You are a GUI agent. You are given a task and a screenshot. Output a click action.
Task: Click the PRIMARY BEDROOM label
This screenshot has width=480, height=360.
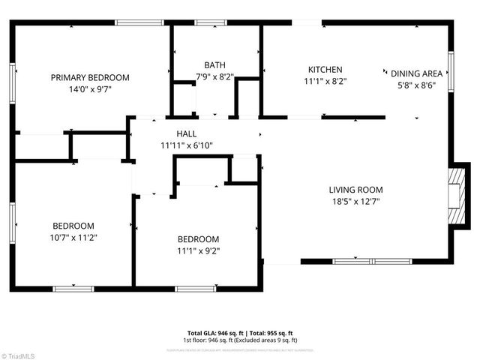point(90,77)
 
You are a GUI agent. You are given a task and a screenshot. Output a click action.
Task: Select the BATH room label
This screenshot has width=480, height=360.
point(214,65)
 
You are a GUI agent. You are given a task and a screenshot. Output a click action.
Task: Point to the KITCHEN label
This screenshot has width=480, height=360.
point(325,70)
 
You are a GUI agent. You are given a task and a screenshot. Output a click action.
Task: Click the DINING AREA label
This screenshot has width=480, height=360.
point(417,73)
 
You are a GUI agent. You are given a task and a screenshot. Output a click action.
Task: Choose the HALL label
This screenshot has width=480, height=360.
point(186,133)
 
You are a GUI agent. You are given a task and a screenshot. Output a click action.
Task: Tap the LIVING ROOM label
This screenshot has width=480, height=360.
point(355,190)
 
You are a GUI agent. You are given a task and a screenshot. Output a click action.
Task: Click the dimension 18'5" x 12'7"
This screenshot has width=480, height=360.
point(355,200)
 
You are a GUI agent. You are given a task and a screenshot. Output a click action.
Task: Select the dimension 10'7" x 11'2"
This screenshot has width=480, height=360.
point(73,237)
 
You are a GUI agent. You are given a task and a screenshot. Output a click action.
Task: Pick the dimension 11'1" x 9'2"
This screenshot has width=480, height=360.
point(198,250)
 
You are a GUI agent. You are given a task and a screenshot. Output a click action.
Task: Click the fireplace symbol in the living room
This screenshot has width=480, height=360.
point(452,196)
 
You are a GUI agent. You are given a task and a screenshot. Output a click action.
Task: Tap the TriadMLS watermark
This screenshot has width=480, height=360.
point(20,355)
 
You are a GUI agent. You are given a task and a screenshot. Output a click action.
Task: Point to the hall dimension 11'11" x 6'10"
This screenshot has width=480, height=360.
point(186,145)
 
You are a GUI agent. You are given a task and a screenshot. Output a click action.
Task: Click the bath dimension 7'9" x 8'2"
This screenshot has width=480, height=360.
point(214,76)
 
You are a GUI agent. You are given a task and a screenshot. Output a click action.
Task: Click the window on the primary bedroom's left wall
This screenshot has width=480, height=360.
point(13,78)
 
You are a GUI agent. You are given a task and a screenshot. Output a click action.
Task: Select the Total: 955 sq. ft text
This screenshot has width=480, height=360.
point(271,333)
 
